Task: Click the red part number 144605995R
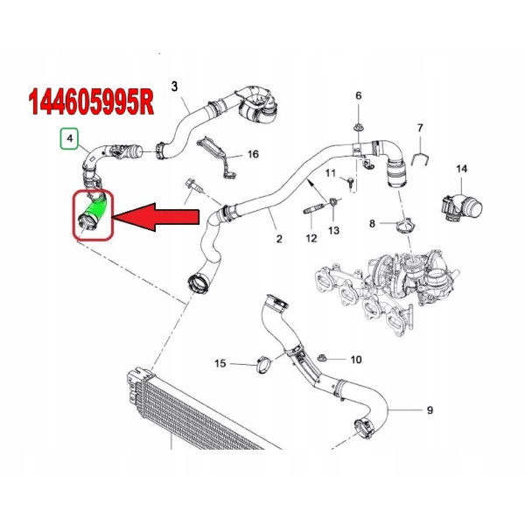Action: [91, 102]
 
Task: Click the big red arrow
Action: [156, 217]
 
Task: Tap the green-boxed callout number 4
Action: [70, 138]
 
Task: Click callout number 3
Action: [174, 87]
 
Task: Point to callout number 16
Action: [253, 154]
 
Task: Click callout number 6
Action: [358, 95]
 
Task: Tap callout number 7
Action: [420, 128]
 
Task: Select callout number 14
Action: [461, 169]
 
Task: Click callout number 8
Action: [372, 223]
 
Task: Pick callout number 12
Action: [311, 238]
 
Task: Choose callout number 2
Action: [279, 239]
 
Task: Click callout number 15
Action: [220, 363]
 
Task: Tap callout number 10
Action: [356, 360]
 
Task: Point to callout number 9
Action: [430, 409]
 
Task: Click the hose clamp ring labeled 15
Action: [264, 365]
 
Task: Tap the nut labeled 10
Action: [322, 358]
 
